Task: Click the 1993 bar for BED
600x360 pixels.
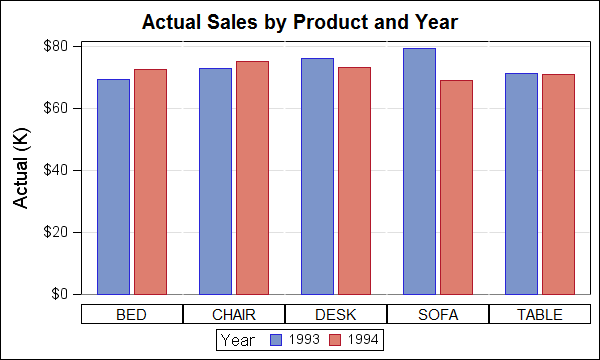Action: coord(114,187)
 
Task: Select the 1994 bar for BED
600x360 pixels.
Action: coord(150,182)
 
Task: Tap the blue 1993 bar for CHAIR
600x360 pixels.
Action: coord(215,181)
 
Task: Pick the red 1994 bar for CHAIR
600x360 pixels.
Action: coord(253,178)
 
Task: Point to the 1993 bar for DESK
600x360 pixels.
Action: coord(318,176)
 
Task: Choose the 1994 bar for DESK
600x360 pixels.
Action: coord(354,181)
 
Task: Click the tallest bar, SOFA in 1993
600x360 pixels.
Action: coord(420,171)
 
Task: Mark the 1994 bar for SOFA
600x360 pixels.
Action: coord(457,187)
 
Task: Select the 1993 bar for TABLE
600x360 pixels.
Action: coord(522,184)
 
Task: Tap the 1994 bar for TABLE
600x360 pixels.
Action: coord(559,184)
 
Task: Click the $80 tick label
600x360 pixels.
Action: coord(55,46)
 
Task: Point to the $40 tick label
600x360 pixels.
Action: coord(55,170)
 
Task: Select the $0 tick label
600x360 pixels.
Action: coord(59,294)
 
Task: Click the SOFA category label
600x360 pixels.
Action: coord(438,314)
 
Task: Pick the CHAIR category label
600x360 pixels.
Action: coord(234,314)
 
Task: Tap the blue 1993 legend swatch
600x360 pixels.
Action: coord(276,340)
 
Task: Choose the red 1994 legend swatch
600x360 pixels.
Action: coord(335,340)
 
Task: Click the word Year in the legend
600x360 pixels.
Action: coord(238,340)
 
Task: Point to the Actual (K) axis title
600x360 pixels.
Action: coord(21,168)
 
